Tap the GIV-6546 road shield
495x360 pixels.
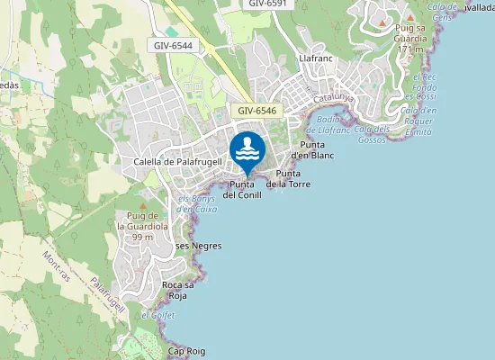point(257,111)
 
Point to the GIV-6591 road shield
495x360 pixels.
point(269,4)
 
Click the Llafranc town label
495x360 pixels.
point(316,58)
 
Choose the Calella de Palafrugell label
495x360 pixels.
point(177,162)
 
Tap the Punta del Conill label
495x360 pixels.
point(242,190)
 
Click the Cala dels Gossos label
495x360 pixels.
point(372,134)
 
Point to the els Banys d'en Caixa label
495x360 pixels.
point(197,203)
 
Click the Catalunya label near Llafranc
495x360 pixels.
point(334,96)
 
